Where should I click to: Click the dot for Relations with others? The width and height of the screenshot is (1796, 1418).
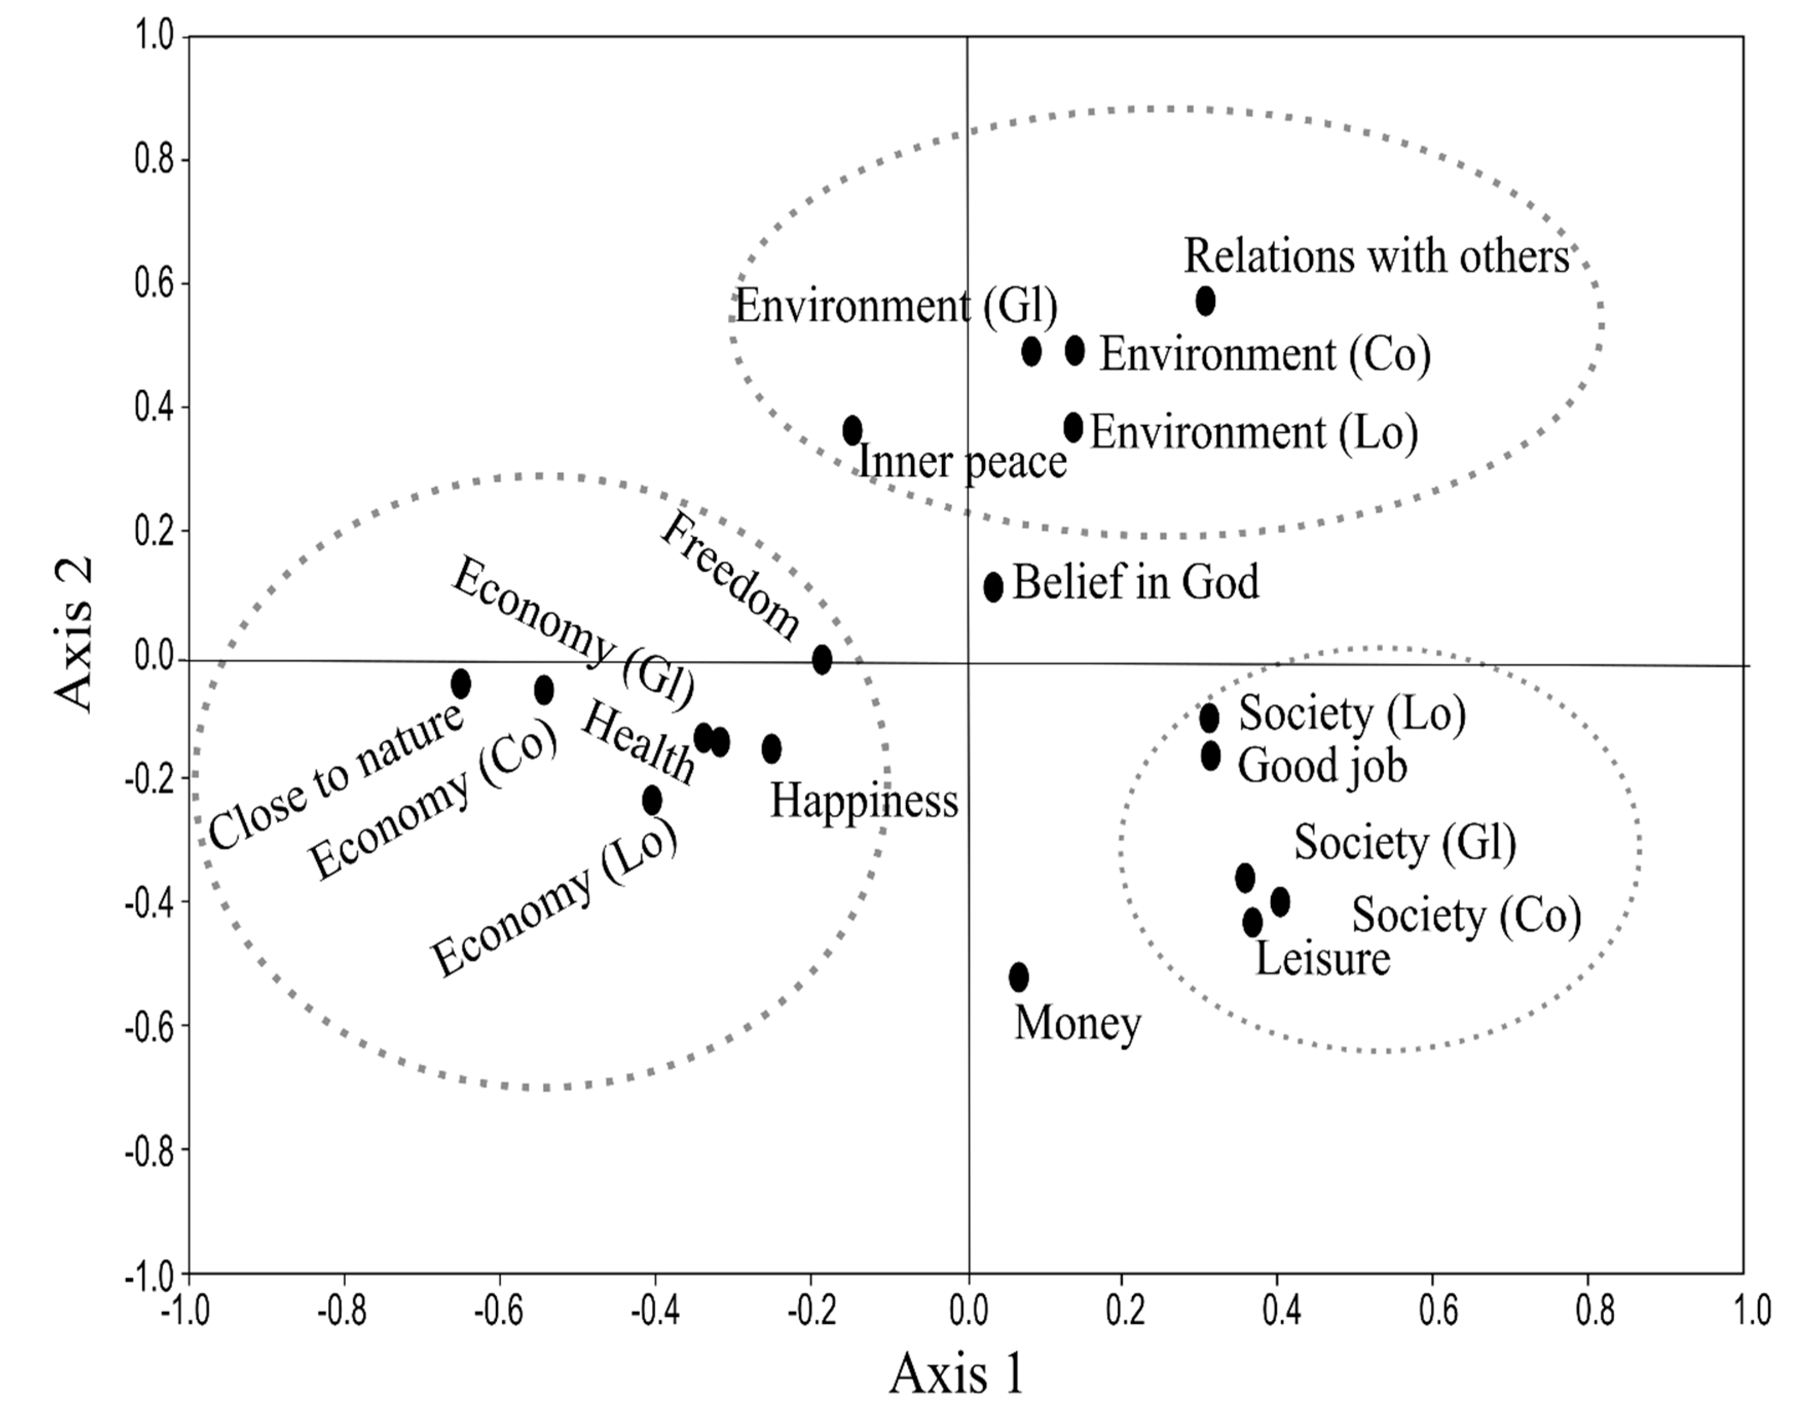(x=1205, y=301)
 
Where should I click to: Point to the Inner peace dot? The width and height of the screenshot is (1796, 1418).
(x=852, y=430)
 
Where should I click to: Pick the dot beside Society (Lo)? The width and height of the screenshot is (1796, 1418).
(x=1209, y=717)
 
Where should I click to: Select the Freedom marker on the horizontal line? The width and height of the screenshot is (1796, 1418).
(x=821, y=660)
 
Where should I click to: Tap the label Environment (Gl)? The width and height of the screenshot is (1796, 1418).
(x=895, y=306)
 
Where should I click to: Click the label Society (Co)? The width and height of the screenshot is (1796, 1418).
(x=1466, y=915)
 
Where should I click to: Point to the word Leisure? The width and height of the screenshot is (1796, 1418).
(x=1322, y=959)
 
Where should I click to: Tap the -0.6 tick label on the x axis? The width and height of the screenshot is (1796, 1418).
(x=498, y=1312)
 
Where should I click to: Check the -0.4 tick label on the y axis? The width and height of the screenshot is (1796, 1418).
(x=150, y=903)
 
